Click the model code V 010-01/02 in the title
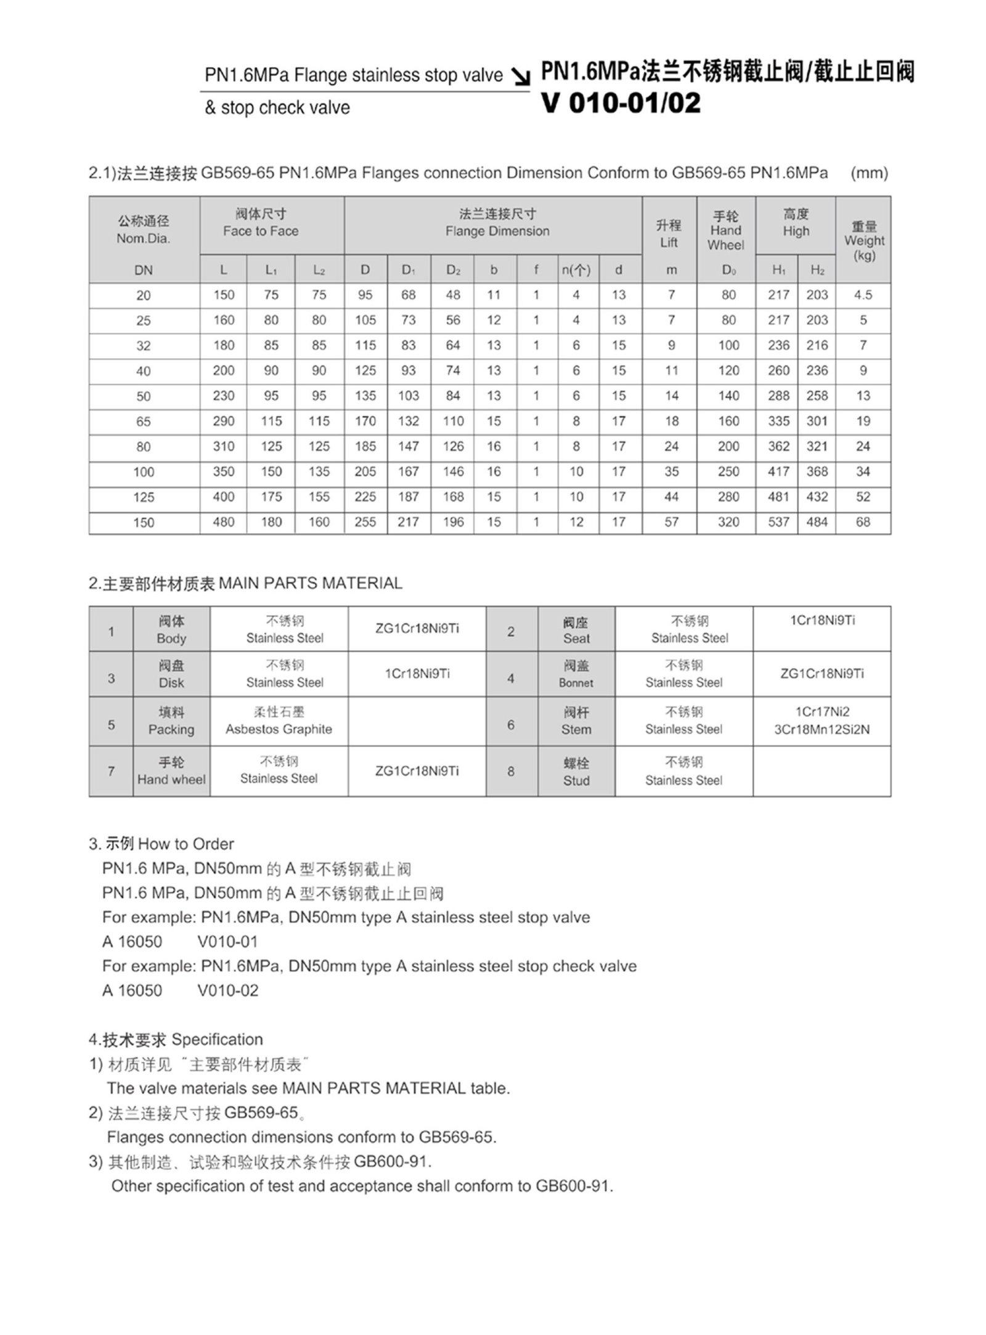pos(621,104)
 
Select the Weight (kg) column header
pos(863,240)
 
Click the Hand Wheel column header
pos(726,231)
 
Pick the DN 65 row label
pos(143,422)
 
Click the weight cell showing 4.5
pos(863,295)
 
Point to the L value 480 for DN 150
pos(223,522)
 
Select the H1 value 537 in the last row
pos(778,522)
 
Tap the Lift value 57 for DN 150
pos(671,522)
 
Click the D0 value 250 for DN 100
pos(728,472)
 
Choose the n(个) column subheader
pos(576,270)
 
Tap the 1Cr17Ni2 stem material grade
pos(821,712)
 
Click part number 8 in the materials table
pos(511,771)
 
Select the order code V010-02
pos(228,990)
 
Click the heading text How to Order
pos(186,844)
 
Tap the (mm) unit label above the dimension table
pos(869,173)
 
